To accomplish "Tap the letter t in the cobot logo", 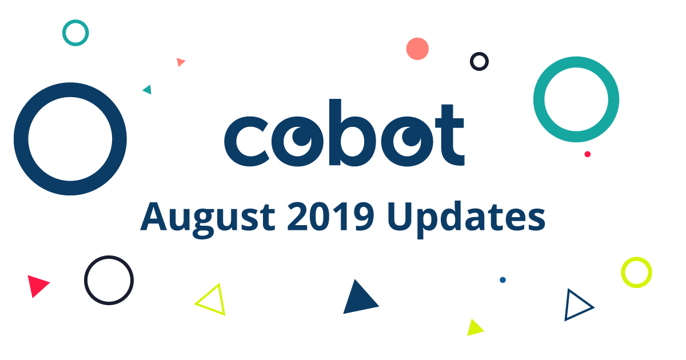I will coord(448,135).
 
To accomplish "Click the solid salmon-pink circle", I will coord(417,49).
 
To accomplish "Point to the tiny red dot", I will coord(587,154).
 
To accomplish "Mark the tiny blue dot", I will coord(502,280).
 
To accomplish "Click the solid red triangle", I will coord(37,285).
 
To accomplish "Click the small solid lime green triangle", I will coord(474,328).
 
